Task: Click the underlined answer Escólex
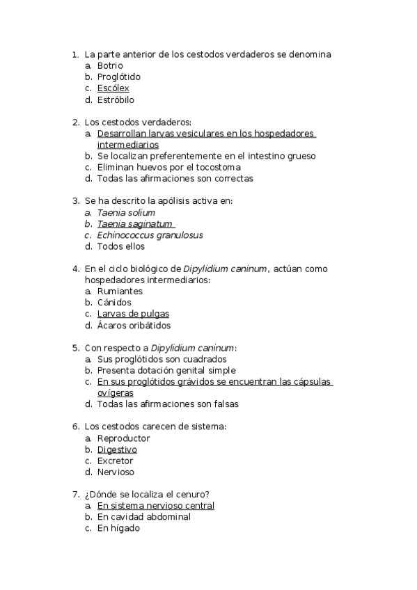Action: [113, 88]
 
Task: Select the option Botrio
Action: [110, 66]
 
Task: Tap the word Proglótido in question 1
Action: [119, 77]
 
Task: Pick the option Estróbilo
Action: [116, 99]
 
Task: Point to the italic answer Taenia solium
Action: [126, 213]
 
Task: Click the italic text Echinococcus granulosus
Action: [150, 235]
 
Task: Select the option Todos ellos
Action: [120, 246]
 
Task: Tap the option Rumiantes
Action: [120, 292]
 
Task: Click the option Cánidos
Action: [114, 303]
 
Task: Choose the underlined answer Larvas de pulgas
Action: [133, 314]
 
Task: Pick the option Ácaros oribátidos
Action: [134, 325]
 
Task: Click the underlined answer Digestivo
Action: [117, 449]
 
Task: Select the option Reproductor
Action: [123, 438]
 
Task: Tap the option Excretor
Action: [115, 461]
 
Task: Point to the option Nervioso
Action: [116, 472]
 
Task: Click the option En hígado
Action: [118, 528]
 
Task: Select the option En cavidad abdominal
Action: [143, 517]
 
